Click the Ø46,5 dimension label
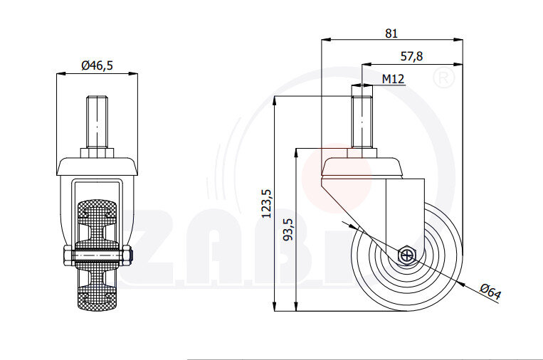coord(97,65)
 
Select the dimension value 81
coord(391,33)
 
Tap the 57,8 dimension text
coord(412,57)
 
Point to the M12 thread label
coord(393,79)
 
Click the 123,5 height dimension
coord(267,202)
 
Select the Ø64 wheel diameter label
coord(490,292)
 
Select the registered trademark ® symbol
coord(444,78)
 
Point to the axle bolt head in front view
coord(66,255)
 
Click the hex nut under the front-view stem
coord(97,152)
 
